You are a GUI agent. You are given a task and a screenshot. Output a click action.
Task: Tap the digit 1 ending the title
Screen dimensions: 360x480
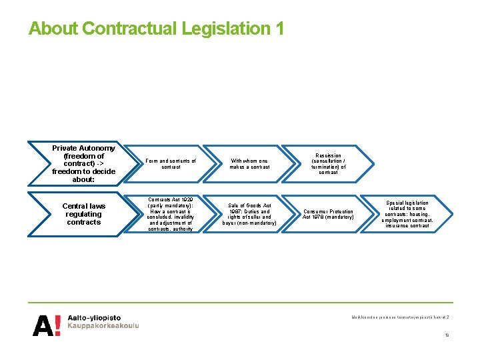point(279,29)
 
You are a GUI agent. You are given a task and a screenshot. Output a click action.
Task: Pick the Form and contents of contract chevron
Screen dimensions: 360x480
point(170,164)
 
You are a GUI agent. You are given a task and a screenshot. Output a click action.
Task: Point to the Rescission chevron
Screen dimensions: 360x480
point(327,164)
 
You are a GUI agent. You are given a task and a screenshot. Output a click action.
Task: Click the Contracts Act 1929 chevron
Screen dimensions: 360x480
point(170,214)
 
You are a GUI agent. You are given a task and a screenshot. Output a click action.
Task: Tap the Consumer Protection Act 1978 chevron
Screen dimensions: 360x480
point(327,214)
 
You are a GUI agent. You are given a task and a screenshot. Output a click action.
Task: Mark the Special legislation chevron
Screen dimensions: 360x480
point(407,214)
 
